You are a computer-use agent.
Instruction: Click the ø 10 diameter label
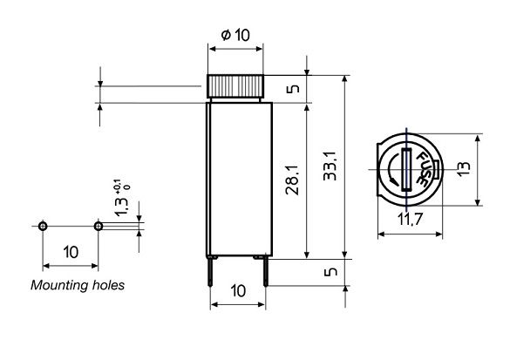pos(235,36)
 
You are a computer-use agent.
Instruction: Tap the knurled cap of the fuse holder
pos(235,87)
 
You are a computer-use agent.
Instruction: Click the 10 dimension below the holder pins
pos(237,289)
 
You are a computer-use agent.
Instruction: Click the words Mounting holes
pos(78,285)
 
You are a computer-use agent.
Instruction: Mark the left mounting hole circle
pos(44,226)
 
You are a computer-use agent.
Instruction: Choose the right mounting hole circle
pos(98,226)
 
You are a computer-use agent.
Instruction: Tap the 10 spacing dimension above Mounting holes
pos(71,252)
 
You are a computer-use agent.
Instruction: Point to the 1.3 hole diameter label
pos(119,206)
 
